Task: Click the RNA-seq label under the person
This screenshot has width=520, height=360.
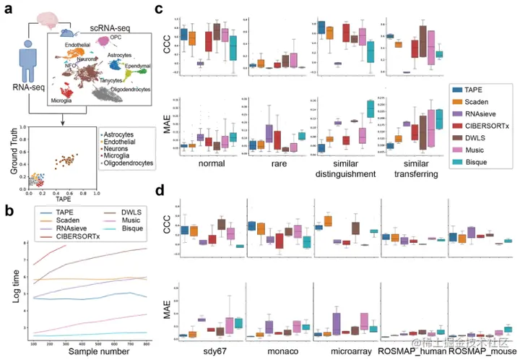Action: point(27,89)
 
